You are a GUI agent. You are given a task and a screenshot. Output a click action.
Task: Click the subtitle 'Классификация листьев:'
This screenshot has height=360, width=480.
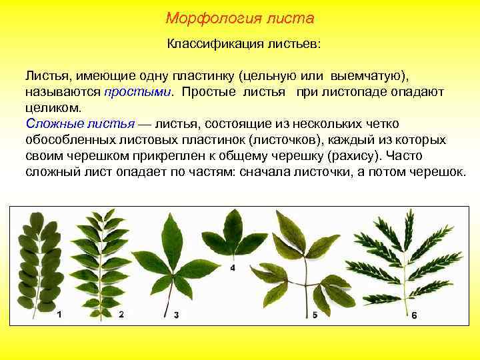point(243,45)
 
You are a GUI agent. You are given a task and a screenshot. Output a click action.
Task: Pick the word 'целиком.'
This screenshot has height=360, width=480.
point(54,107)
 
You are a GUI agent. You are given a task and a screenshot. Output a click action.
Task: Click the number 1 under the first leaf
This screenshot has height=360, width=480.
point(60,313)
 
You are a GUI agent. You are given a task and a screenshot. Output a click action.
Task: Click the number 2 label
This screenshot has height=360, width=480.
point(121,313)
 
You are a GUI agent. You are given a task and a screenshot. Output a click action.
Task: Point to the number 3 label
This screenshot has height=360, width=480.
point(176,315)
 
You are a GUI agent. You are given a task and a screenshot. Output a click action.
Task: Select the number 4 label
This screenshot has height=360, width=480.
point(233,267)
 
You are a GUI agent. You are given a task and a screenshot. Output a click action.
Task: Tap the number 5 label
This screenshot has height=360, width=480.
point(315,313)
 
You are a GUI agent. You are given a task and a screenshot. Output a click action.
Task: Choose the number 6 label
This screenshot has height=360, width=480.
point(413,315)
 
